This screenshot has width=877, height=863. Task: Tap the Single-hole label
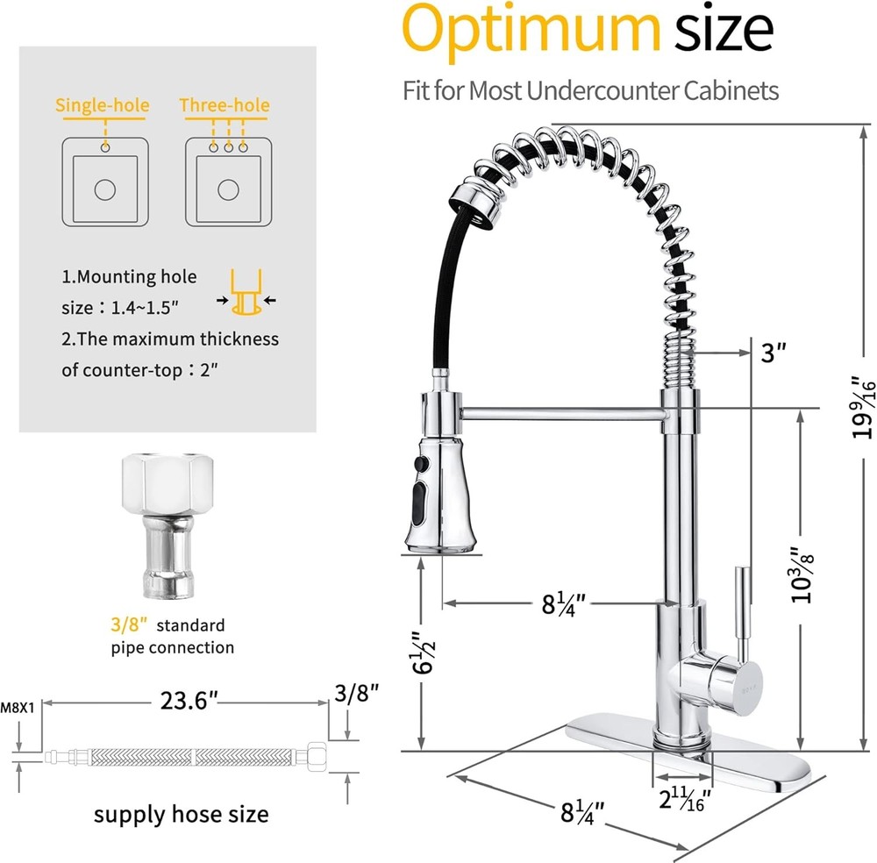[103, 106]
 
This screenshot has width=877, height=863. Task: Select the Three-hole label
[225, 106]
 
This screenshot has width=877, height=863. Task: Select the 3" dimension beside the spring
[771, 353]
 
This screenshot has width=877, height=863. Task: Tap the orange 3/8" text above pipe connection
[126, 625]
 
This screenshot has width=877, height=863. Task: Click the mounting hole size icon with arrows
[245, 295]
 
